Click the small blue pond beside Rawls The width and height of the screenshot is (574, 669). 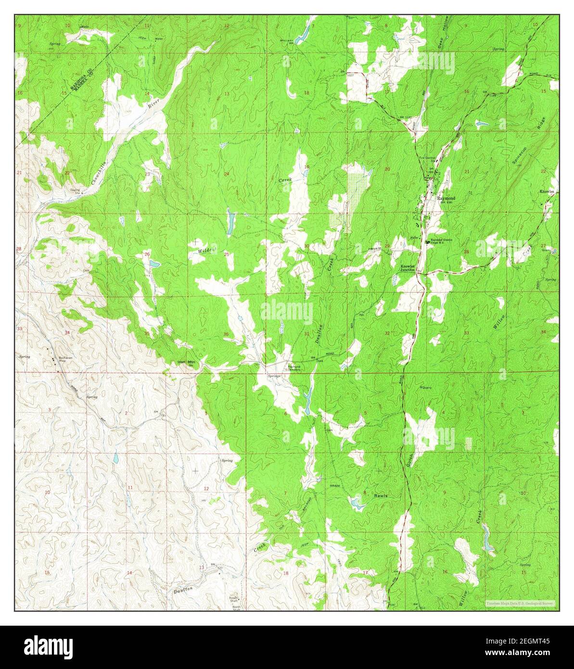pos(357,504)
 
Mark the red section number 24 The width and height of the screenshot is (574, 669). pos(226,174)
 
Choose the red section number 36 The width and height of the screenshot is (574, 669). pos(226,334)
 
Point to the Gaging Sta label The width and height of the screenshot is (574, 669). pos(75,191)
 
